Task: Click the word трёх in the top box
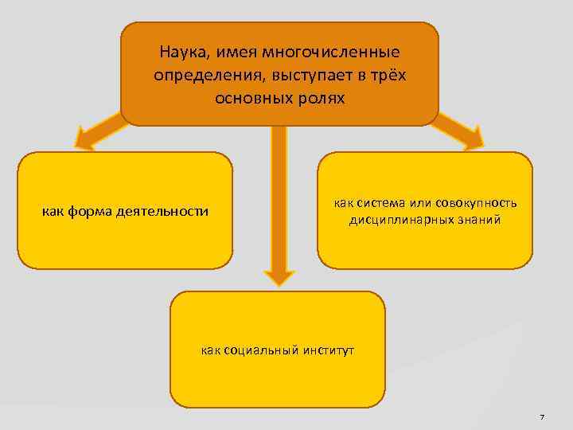coord(388,76)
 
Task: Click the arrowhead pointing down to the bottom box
coord(279,276)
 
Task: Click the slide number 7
coord(541,417)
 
